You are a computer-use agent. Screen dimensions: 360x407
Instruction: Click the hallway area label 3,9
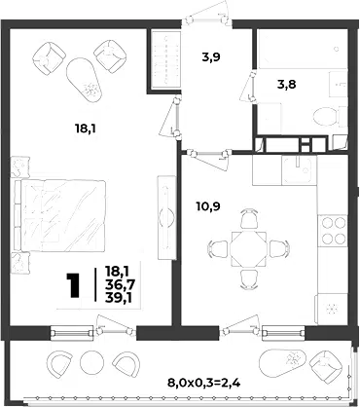[211, 57]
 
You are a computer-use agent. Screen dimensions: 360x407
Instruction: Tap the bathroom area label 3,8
[287, 85]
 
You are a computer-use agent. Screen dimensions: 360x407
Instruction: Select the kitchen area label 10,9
[208, 205]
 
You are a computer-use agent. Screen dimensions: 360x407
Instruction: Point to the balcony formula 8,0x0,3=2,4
[204, 384]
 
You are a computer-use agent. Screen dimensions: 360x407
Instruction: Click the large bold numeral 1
[73, 285]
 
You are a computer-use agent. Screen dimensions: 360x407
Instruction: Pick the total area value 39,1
[119, 297]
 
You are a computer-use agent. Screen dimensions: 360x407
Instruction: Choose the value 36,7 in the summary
[120, 285]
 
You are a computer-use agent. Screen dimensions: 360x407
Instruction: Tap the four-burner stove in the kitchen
[333, 231]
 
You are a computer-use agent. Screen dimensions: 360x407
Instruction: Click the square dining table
[248, 248]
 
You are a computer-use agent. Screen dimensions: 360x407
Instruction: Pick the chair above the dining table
[249, 218]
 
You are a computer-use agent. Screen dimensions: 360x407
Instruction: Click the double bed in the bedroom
[60, 216]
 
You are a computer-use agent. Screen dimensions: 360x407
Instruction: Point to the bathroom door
[249, 87]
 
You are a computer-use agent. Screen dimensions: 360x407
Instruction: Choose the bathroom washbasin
[339, 85]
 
